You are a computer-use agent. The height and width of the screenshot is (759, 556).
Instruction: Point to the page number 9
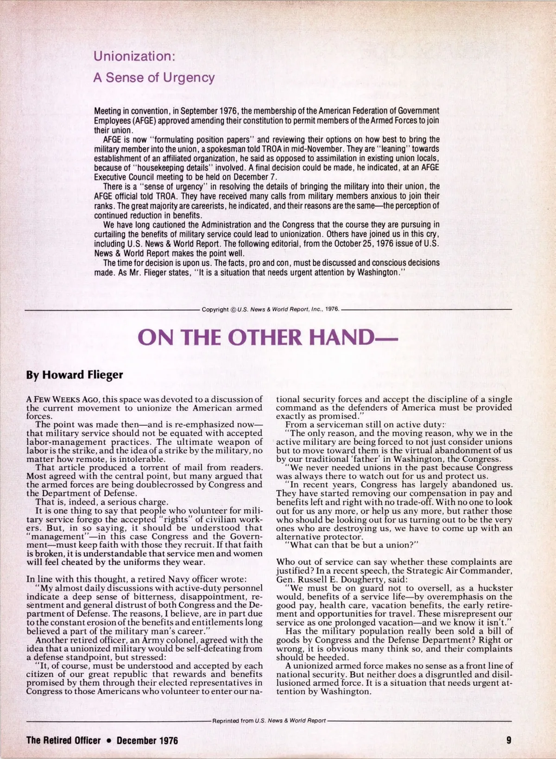click(509, 740)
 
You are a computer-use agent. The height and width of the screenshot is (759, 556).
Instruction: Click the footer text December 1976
click(147, 740)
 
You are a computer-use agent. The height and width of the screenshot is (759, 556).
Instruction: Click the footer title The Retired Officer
click(63, 740)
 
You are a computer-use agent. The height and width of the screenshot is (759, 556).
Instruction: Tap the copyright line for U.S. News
click(271, 309)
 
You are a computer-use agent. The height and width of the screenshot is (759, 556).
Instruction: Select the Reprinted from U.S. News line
click(269, 721)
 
